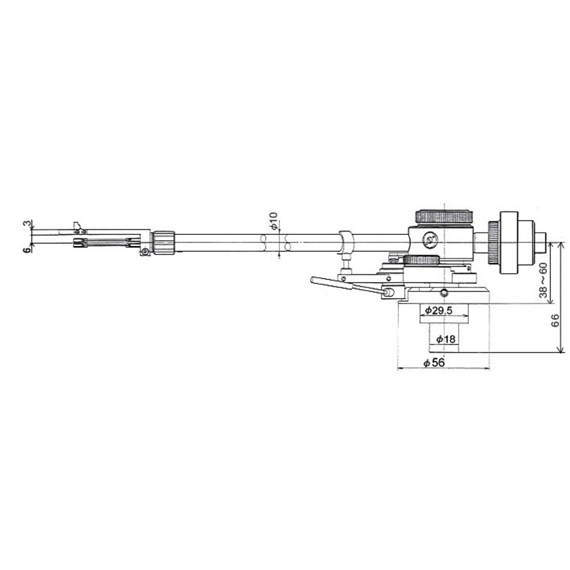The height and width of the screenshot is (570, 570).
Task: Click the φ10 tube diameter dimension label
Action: tap(274, 221)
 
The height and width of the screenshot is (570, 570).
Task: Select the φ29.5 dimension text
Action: tap(438, 311)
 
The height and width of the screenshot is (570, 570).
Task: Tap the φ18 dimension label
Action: tap(446, 339)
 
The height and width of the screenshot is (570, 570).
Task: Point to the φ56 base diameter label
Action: tap(434, 363)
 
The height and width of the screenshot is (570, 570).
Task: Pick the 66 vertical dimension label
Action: tap(555, 320)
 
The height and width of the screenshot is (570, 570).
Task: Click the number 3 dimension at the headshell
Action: tap(27, 223)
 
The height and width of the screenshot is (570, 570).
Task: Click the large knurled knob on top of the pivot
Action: tap(444, 217)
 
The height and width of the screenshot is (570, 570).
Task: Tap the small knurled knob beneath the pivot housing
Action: tap(421, 260)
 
